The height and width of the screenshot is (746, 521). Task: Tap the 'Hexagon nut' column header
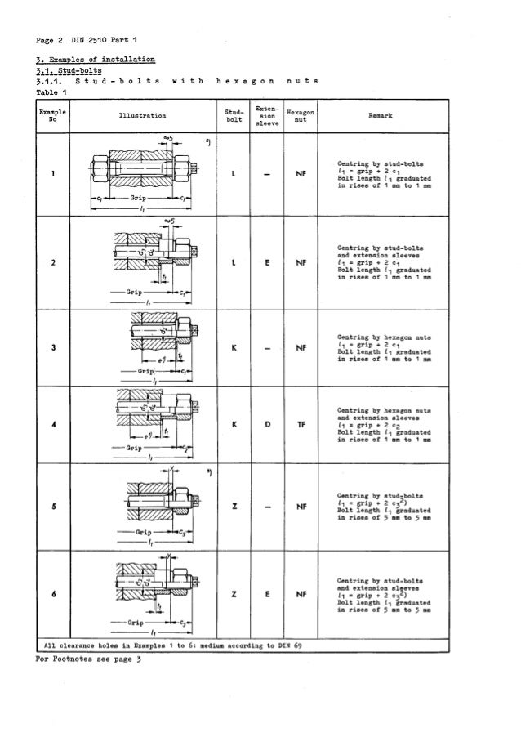click(301, 116)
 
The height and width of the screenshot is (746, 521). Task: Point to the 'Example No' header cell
click(51, 116)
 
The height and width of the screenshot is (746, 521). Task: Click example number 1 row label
click(51, 174)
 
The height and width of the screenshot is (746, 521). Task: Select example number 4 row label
click(51, 425)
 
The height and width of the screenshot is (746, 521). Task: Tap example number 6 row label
click(51, 592)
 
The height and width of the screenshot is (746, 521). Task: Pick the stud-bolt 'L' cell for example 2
click(234, 262)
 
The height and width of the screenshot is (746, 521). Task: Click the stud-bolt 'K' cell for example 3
click(234, 346)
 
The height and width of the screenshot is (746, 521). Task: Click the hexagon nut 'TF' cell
click(301, 425)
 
